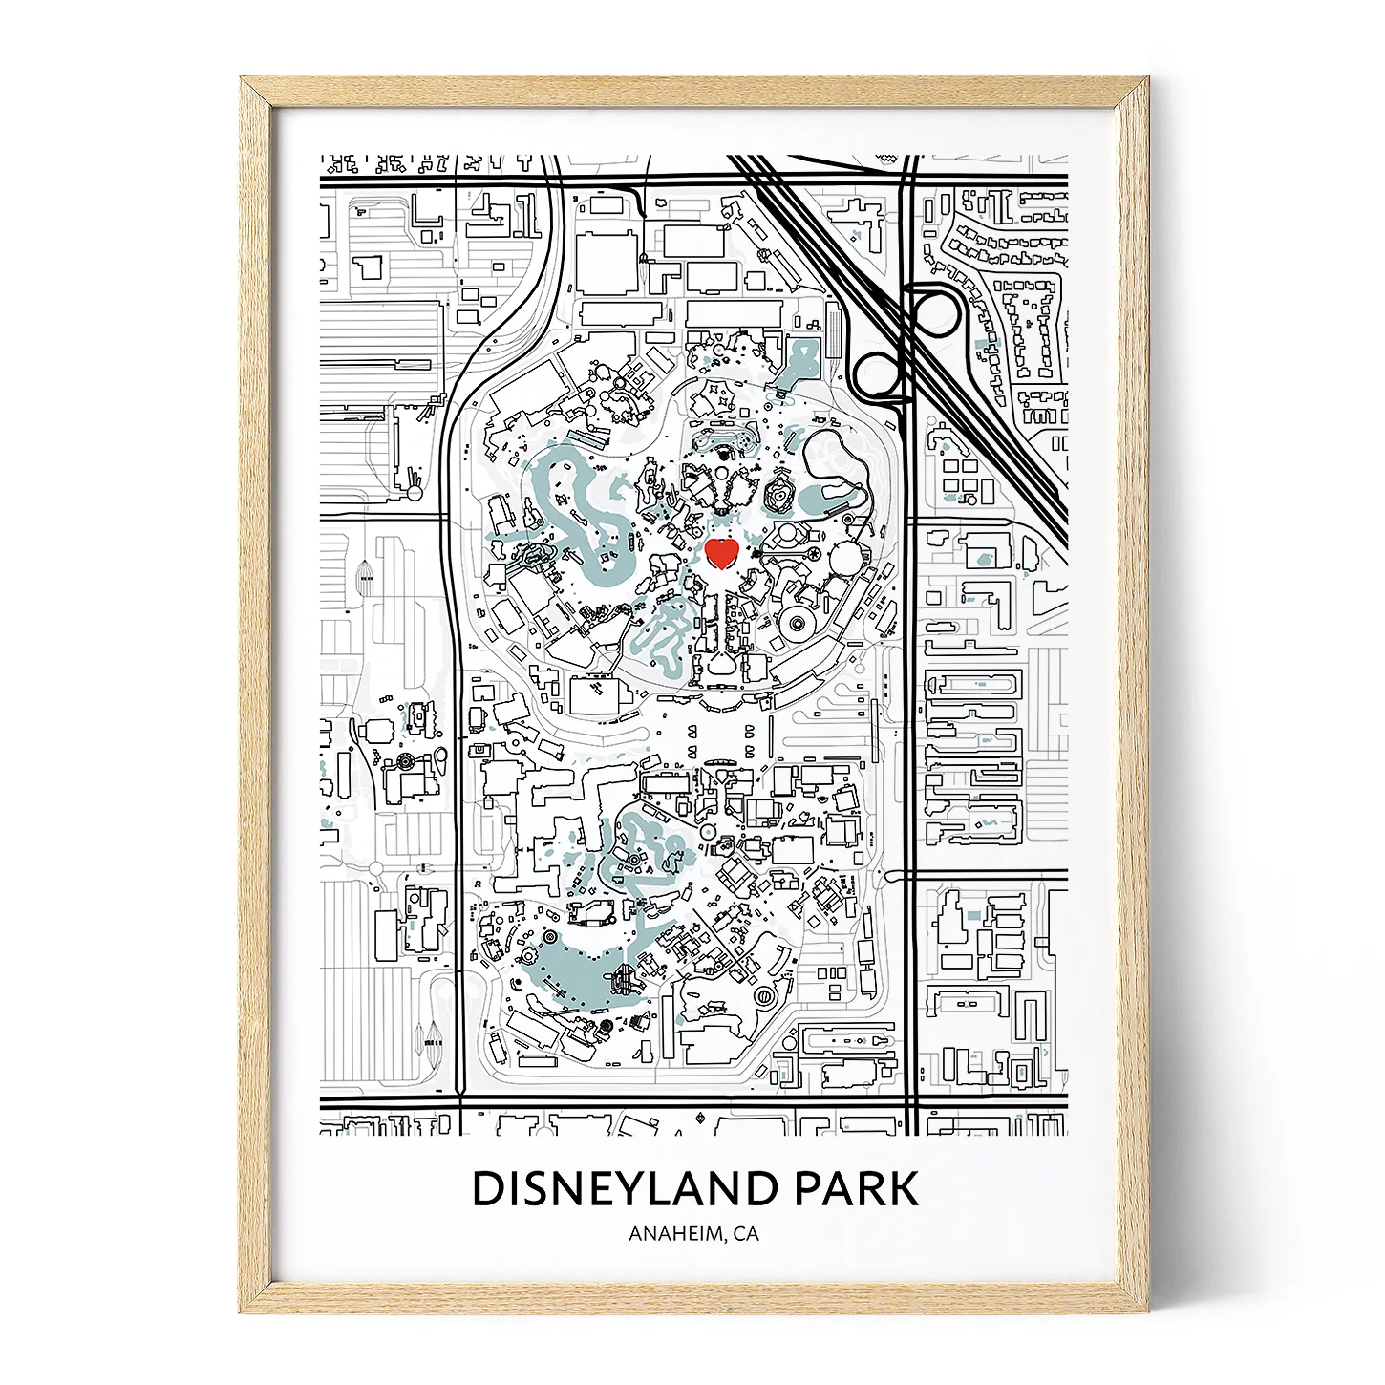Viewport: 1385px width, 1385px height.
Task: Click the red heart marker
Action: pos(722,553)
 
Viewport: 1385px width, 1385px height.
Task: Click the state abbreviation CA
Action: pos(746,1233)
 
